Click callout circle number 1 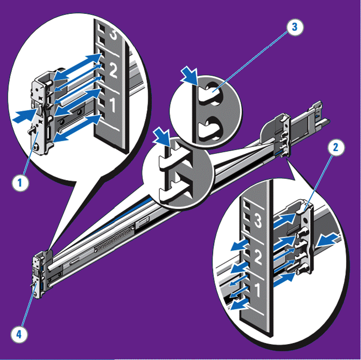tap(20, 183)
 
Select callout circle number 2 tap(336, 148)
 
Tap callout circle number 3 tap(295, 27)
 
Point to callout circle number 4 tap(19, 334)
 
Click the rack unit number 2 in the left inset tap(113, 70)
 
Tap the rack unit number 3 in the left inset tap(113, 34)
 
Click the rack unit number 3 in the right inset tap(258, 220)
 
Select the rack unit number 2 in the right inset tap(258, 257)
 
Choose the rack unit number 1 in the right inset tap(257, 290)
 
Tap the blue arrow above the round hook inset tap(189, 75)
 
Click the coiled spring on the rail tap(114, 240)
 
